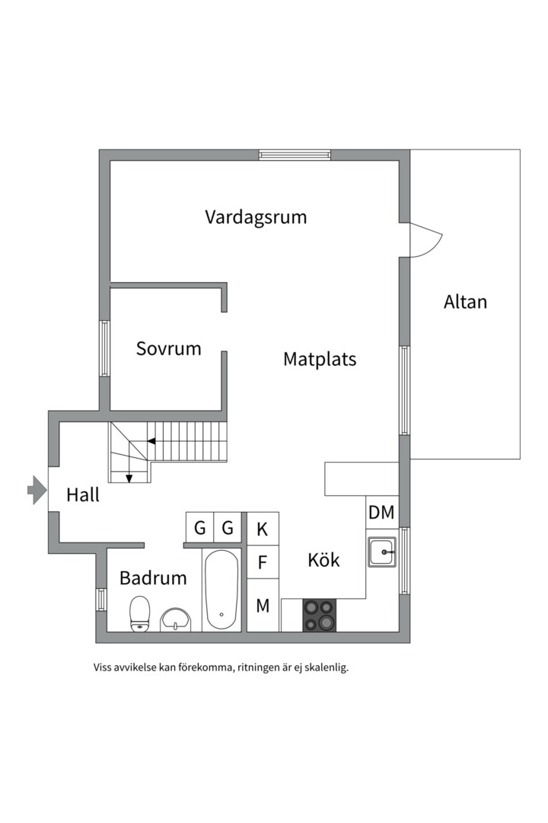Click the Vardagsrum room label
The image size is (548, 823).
pyautogui.click(x=256, y=217)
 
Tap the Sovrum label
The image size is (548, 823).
pyautogui.click(x=169, y=349)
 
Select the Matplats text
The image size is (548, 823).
pyautogui.click(x=320, y=359)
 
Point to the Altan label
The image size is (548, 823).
pyautogui.click(x=465, y=302)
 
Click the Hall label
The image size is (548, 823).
pyautogui.click(x=83, y=495)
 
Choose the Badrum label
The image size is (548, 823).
pyautogui.click(x=153, y=578)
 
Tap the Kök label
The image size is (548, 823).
pyautogui.click(x=323, y=560)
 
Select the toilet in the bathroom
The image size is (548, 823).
pyautogui.click(x=139, y=614)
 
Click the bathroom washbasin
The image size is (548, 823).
pyautogui.click(x=177, y=619)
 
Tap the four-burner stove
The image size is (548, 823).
pyautogui.click(x=320, y=615)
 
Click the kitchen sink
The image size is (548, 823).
pyautogui.click(x=382, y=552)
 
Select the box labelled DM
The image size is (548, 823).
pyautogui.click(x=382, y=513)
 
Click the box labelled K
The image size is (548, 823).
pyautogui.click(x=263, y=527)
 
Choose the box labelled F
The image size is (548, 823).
pyautogui.click(x=263, y=563)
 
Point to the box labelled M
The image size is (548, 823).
pyautogui.click(x=263, y=606)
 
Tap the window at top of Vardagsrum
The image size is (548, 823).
pyautogui.click(x=295, y=155)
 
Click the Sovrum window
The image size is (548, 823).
pyautogui.click(x=105, y=348)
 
